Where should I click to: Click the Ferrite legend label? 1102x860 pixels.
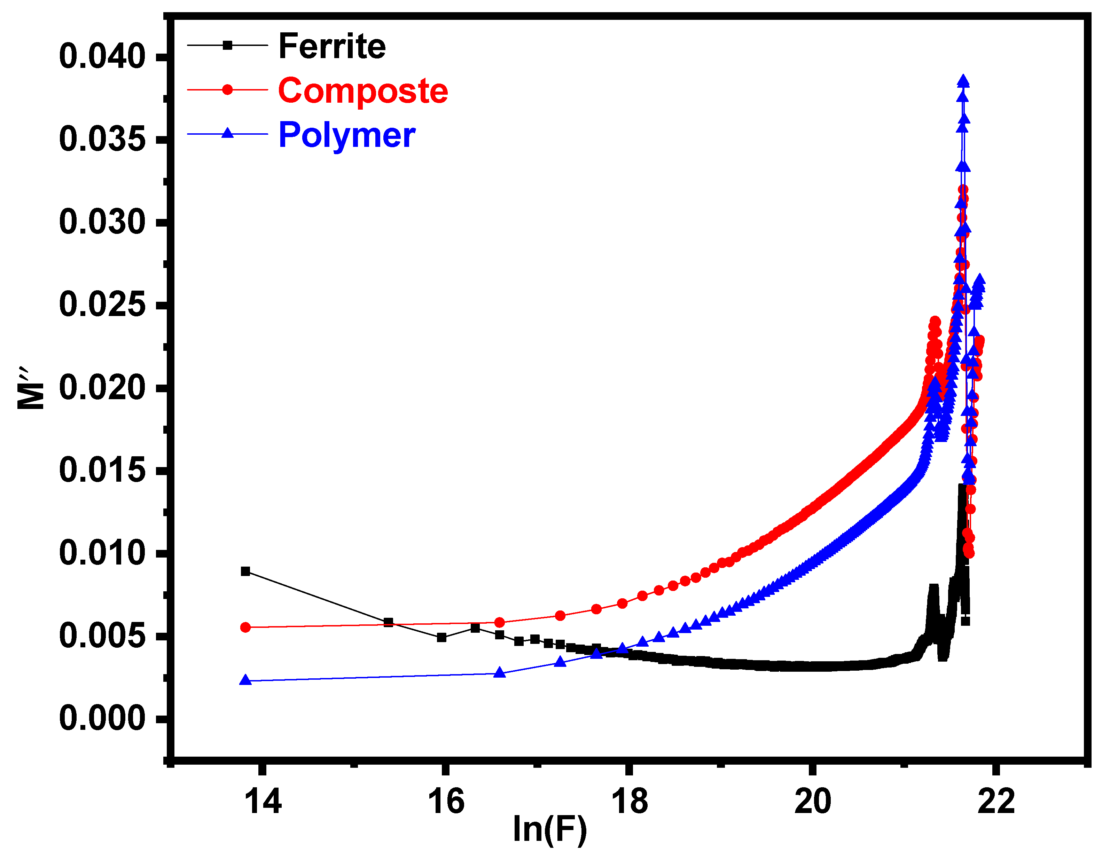click(332, 46)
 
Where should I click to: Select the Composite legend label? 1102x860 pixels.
click(363, 91)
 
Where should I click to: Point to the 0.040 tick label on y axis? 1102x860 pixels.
click(102, 56)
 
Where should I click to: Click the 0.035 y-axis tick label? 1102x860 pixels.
click(102, 139)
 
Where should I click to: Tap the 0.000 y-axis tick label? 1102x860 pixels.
click(102, 719)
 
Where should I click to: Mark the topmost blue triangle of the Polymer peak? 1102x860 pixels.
click(963, 81)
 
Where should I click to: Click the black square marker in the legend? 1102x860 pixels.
click(228, 45)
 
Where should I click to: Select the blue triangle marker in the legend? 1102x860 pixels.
click(228, 134)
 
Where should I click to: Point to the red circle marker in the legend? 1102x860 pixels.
click(228, 90)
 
